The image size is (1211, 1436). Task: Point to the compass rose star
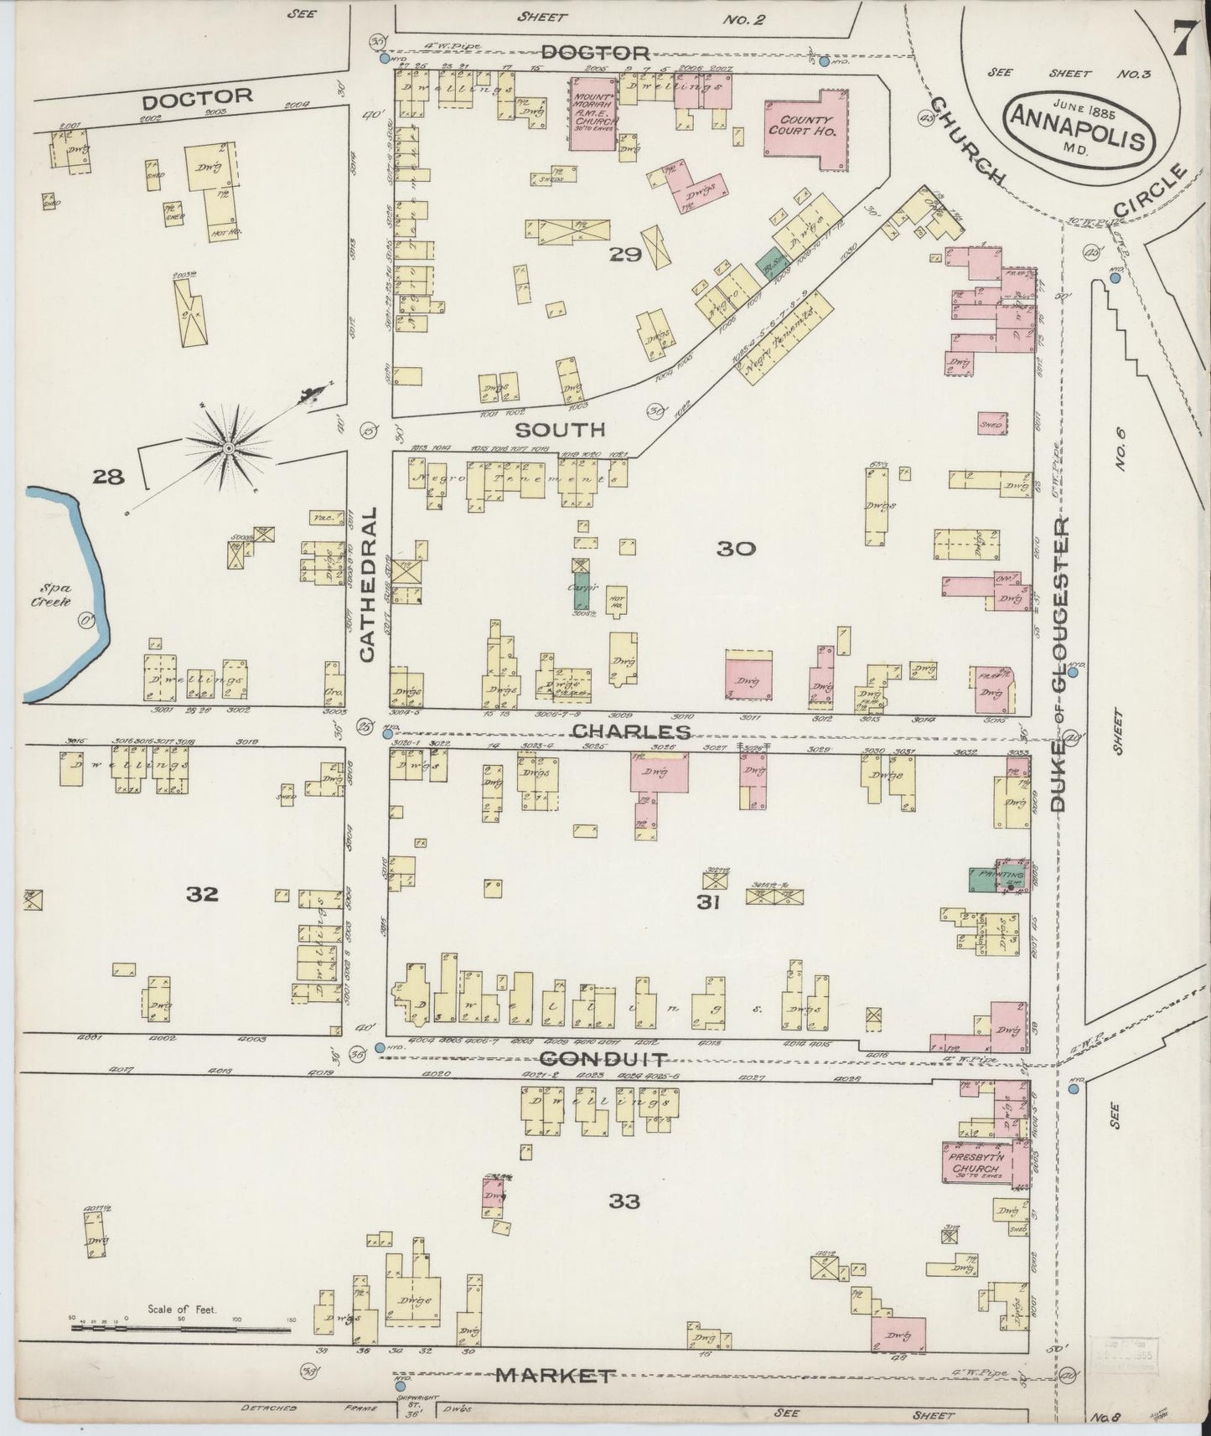tap(227, 449)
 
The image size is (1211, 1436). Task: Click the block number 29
tap(625, 255)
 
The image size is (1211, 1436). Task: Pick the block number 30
tap(736, 549)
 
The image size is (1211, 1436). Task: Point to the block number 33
tap(625, 1201)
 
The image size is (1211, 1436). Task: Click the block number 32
tap(203, 894)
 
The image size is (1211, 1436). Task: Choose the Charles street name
tap(631, 731)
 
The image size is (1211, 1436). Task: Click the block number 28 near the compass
tap(109, 478)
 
